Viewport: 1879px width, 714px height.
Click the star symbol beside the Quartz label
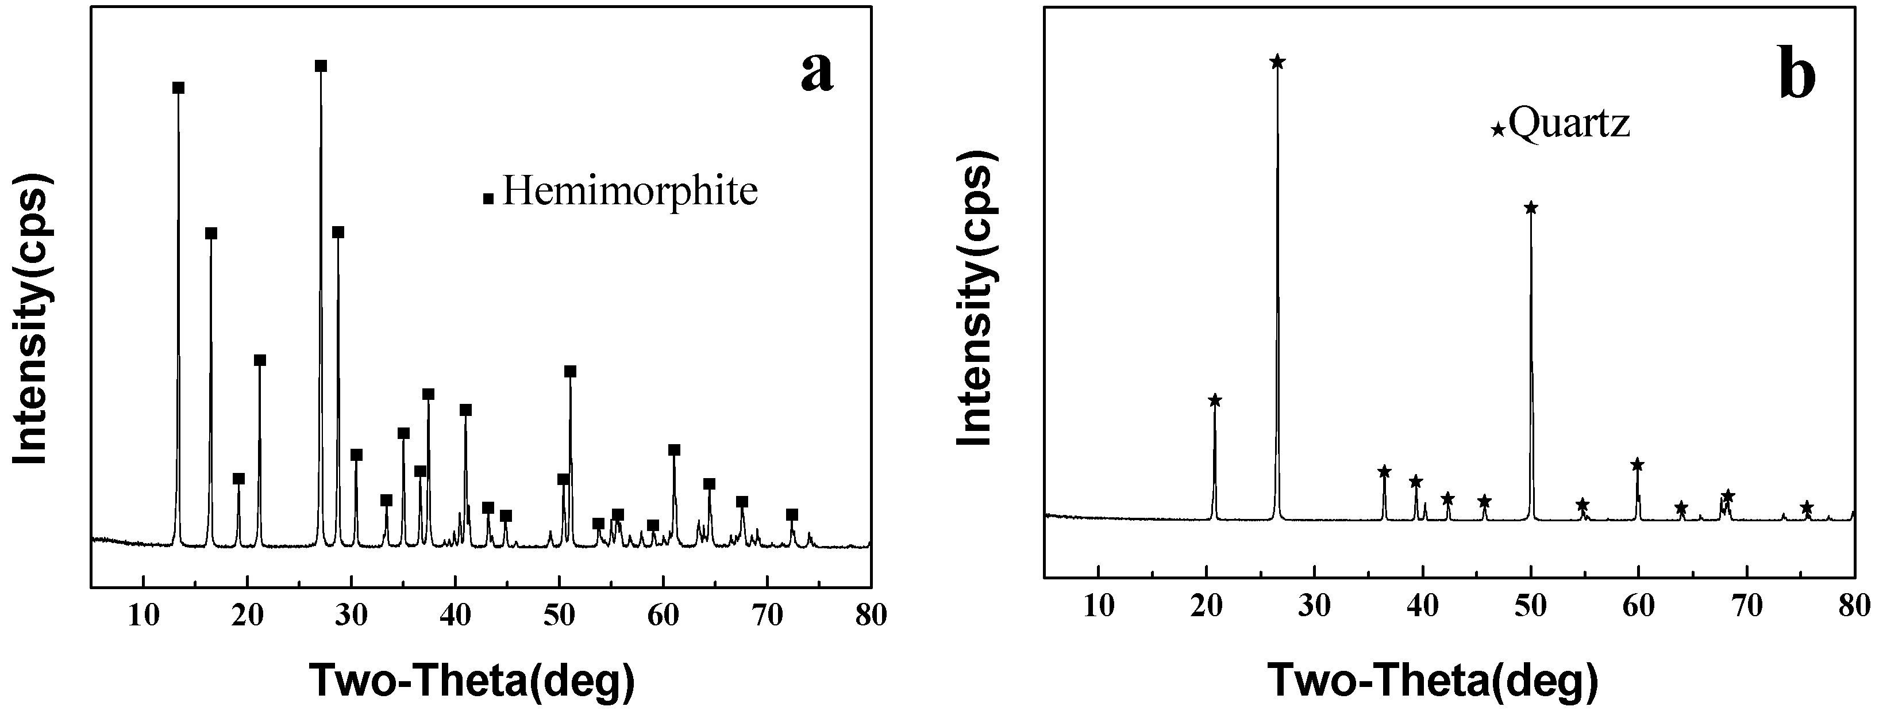pos(1497,130)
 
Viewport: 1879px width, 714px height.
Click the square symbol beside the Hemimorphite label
pos(489,198)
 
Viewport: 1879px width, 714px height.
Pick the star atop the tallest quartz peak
pos(1277,62)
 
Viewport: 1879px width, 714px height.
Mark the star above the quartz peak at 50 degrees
pos(1531,208)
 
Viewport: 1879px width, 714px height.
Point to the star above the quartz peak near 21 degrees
pos(1215,400)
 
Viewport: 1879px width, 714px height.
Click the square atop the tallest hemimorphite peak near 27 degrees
pos(320,66)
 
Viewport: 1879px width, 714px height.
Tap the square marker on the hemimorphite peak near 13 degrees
pos(178,87)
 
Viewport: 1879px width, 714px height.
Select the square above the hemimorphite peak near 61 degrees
pos(674,450)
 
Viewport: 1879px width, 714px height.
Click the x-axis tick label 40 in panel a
pos(455,616)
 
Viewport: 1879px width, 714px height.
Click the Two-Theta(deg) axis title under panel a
pos(473,681)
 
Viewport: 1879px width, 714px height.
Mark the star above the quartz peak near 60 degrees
pos(1637,465)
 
